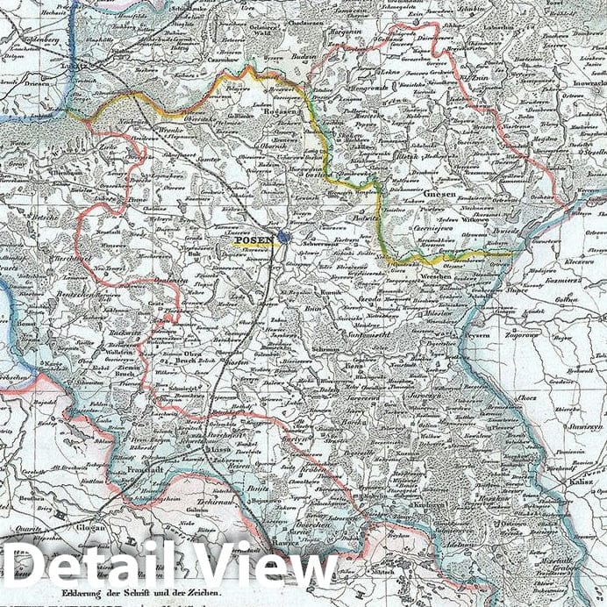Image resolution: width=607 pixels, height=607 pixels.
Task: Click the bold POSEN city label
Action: point(253,238)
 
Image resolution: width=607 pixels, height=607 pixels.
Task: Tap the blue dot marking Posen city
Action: point(284,238)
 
